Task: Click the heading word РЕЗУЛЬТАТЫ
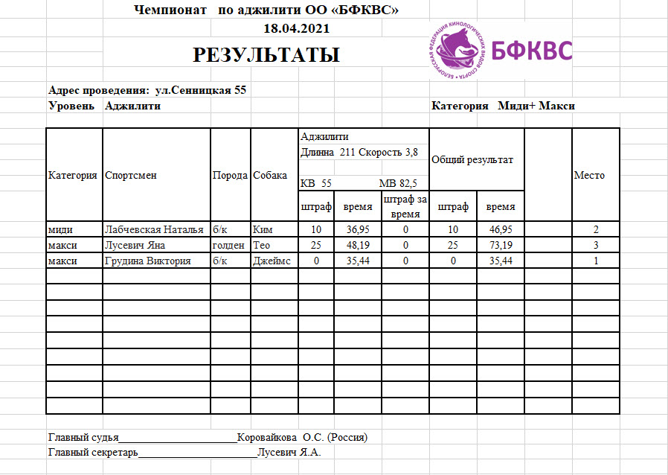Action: click(x=266, y=55)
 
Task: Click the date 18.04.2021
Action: click(x=297, y=28)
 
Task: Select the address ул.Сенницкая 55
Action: click(x=200, y=90)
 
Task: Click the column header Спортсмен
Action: click(x=131, y=176)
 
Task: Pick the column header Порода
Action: click(x=230, y=176)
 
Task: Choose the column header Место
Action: click(x=588, y=176)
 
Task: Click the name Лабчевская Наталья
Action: click(x=154, y=229)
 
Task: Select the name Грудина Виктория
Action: click(x=148, y=261)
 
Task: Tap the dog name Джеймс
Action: click(x=272, y=261)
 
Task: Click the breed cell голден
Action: click(x=228, y=245)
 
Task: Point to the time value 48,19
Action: click(x=357, y=245)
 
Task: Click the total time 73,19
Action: click(x=500, y=245)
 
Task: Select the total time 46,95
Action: click(x=500, y=229)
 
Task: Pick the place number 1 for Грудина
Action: click(x=595, y=261)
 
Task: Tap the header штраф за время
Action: click(x=405, y=206)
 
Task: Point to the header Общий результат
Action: click(x=472, y=159)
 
